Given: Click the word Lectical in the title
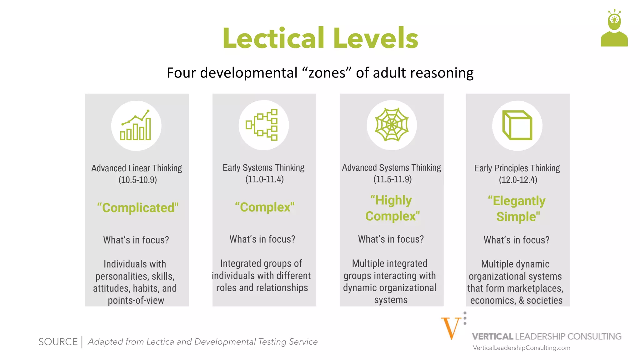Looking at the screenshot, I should [x=273, y=38].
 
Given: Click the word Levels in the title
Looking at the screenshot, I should [x=376, y=38].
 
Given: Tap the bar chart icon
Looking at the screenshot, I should [x=136, y=126].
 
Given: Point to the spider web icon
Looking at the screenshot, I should [x=392, y=125].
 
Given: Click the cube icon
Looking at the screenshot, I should [x=517, y=125].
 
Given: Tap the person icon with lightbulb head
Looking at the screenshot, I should [x=614, y=28].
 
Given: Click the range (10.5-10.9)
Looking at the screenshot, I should [x=137, y=180].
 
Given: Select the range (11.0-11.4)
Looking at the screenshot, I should [x=264, y=179].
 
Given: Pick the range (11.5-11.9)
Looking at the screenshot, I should [x=392, y=179].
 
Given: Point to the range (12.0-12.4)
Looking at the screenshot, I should [x=518, y=180].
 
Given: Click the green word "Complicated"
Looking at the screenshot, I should [x=138, y=208].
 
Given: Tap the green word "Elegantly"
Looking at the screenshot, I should [x=517, y=201].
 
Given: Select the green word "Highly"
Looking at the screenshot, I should [x=391, y=200].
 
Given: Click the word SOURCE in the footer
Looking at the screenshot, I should [x=58, y=342].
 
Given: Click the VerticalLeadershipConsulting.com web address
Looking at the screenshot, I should [x=521, y=348].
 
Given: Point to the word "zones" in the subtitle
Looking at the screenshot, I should [x=327, y=73].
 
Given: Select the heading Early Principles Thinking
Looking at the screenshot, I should [x=517, y=168].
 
